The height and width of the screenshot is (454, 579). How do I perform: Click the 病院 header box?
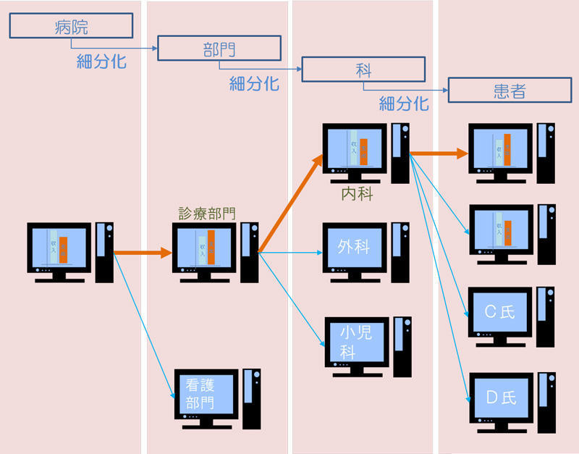pos(71,27)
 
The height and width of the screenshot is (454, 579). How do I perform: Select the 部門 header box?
pos(219,49)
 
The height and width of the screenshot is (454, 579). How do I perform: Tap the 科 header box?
pos(363,70)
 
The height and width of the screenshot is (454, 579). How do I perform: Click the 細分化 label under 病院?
pos(101,62)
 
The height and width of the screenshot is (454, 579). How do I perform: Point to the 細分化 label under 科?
pos(404,104)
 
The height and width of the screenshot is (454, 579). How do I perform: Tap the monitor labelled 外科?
pos(354,247)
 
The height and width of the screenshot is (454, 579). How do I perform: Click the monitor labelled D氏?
pos(500,396)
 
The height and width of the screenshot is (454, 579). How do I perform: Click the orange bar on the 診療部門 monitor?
pos(211,247)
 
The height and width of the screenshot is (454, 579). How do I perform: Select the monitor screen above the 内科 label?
pos(355,148)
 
